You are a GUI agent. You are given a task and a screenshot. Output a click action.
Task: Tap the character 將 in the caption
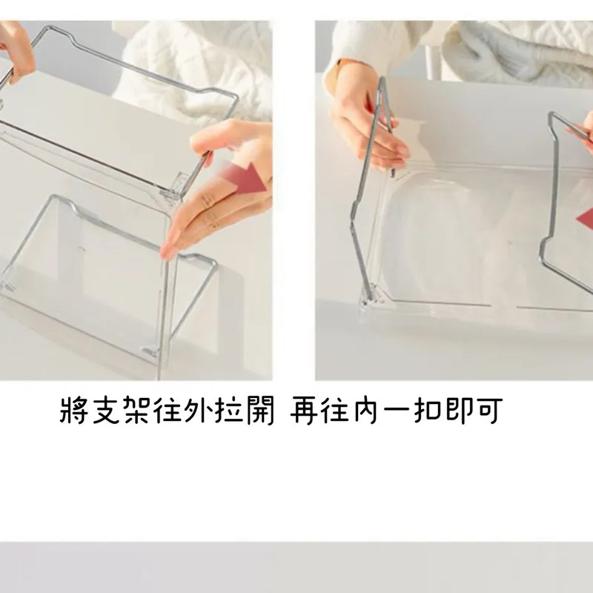pyautogui.click(x=75, y=410)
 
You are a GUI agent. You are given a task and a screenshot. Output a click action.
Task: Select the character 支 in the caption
pyautogui.click(x=106, y=410)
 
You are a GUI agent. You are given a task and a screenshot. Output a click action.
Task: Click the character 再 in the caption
pyautogui.click(x=305, y=410)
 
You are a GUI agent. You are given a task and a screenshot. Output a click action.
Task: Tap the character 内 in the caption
pyautogui.click(x=366, y=410)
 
